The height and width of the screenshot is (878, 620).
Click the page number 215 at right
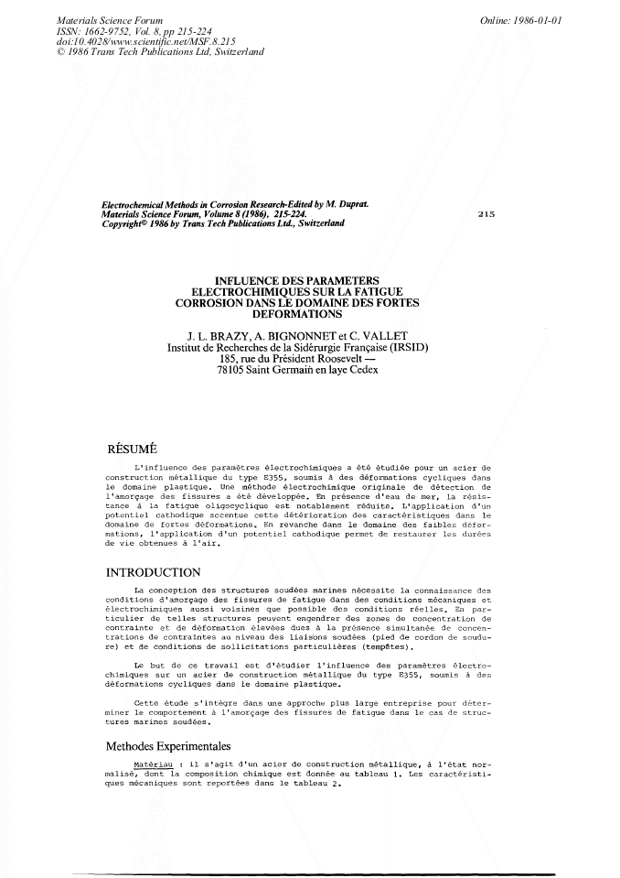[x=486, y=213]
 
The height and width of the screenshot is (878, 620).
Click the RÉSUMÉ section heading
[x=134, y=449]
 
